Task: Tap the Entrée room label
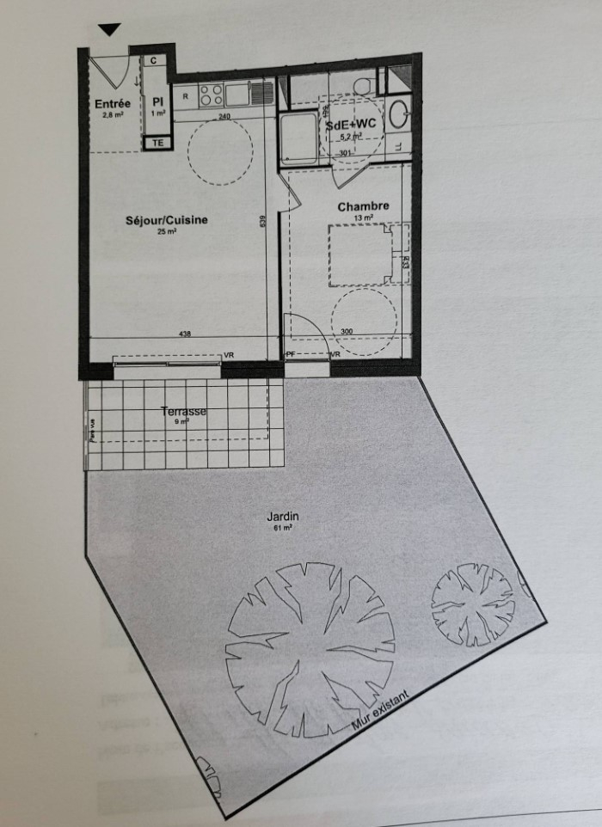pyautogui.click(x=111, y=104)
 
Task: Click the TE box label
pyautogui.click(x=157, y=144)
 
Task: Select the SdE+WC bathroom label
pyautogui.click(x=351, y=125)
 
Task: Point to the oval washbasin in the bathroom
pyautogui.click(x=399, y=114)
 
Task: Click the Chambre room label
pyautogui.click(x=364, y=206)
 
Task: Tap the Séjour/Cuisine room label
pyautogui.click(x=167, y=221)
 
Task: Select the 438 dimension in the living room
pyautogui.click(x=186, y=334)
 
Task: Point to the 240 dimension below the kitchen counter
pyautogui.click(x=224, y=117)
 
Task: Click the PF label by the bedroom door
pyautogui.click(x=291, y=354)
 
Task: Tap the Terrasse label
pyautogui.click(x=183, y=412)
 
